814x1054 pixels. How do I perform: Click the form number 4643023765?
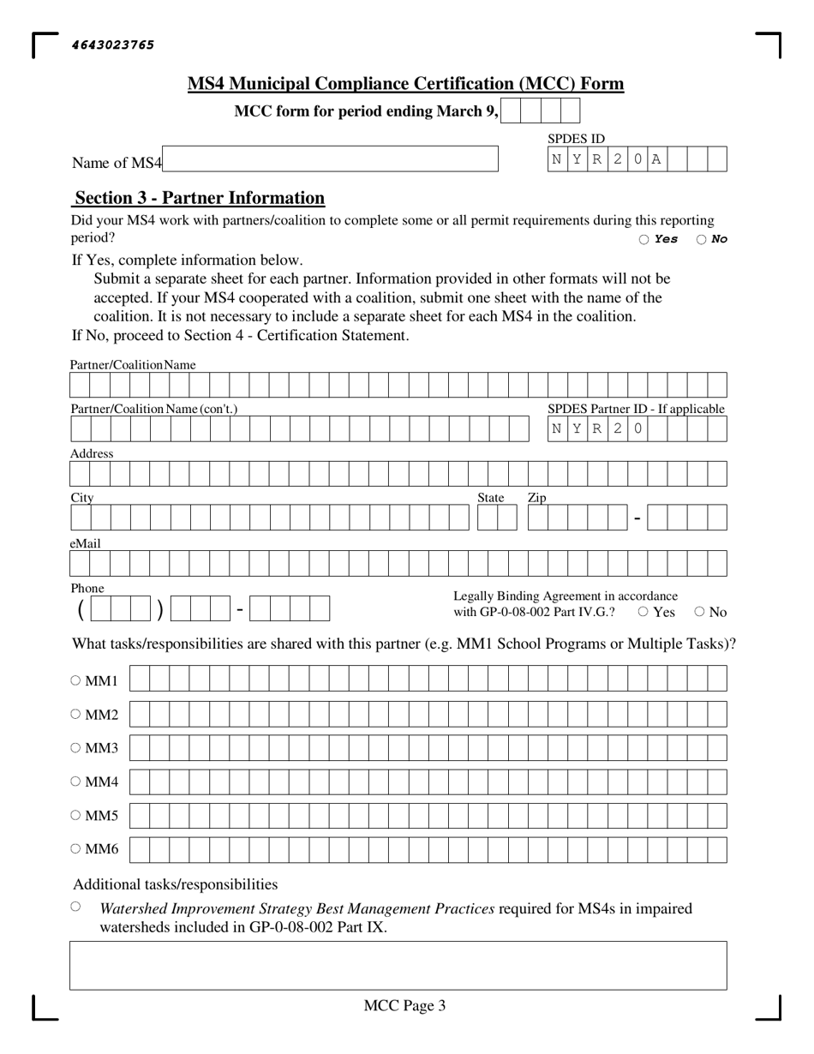click(113, 45)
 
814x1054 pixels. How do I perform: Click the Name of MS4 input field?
click(330, 159)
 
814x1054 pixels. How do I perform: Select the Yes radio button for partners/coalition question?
click(643, 240)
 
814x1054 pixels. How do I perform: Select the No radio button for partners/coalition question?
click(701, 240)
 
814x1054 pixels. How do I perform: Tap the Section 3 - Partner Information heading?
click(200, 198)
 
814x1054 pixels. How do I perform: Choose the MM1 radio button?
click(75, 680)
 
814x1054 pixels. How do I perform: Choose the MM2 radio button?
click(75, 714)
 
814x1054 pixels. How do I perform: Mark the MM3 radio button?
click(75, 747)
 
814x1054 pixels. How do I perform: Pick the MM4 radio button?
click(75, 781)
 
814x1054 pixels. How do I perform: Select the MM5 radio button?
click(75, 815)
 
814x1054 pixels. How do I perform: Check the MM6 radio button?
click(75, 848)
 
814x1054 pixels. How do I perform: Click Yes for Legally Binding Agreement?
click(643, 612)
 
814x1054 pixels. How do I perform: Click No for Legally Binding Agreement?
click(699, 612)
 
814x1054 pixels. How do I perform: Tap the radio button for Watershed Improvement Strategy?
click(76, 906)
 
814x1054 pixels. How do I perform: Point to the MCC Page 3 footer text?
click(404, 1006)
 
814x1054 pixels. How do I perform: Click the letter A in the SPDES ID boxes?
click(656, 159)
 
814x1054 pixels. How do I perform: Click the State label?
click(491, 498)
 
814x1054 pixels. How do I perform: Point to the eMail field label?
click(86, 543)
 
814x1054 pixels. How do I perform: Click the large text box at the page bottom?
click(398, 965)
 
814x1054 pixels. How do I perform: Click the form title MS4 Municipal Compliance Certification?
click(405, 84)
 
